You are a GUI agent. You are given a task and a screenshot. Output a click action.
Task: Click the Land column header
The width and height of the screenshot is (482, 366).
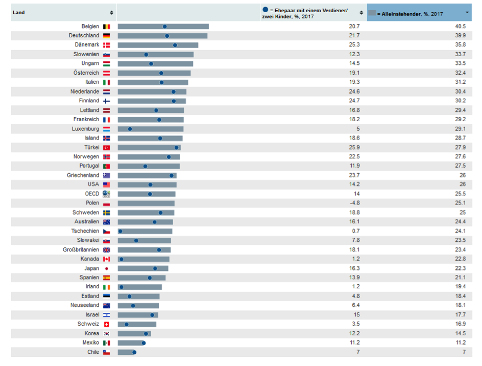coord(19,12)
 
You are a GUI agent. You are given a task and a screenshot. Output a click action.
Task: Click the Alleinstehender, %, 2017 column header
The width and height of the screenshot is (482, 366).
coord(412,13)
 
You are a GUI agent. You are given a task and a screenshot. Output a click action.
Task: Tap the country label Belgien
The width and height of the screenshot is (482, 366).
coord(90,27)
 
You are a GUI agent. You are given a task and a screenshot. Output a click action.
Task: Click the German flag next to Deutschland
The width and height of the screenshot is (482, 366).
coord(107,36)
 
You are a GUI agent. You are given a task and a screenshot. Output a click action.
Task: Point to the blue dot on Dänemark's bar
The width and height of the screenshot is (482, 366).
coord(175,45)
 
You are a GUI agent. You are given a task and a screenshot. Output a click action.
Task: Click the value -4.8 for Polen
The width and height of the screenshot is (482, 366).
coord(353,203)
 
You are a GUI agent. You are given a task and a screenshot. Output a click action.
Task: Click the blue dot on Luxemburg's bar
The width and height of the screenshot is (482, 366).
coord(130,129)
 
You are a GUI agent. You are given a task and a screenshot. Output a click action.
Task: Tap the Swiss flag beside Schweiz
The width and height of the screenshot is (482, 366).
coord(107,324)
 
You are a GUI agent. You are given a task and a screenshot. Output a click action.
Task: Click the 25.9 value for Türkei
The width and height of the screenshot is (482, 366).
coord(354,147)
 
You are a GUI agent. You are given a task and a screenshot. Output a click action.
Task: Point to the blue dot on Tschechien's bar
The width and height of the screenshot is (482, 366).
coord(120,231)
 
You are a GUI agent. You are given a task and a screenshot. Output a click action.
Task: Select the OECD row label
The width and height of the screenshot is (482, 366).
coord(92,194)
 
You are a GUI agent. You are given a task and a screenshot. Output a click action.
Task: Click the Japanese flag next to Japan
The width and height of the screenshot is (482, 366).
coord(107,268)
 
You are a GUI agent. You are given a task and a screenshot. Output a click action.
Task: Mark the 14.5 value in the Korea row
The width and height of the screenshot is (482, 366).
coord(461,333)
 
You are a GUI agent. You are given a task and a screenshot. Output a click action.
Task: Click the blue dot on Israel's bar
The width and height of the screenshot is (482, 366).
coord(152,315)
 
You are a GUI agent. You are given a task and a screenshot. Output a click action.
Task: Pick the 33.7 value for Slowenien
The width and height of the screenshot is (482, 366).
coord(461,54)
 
